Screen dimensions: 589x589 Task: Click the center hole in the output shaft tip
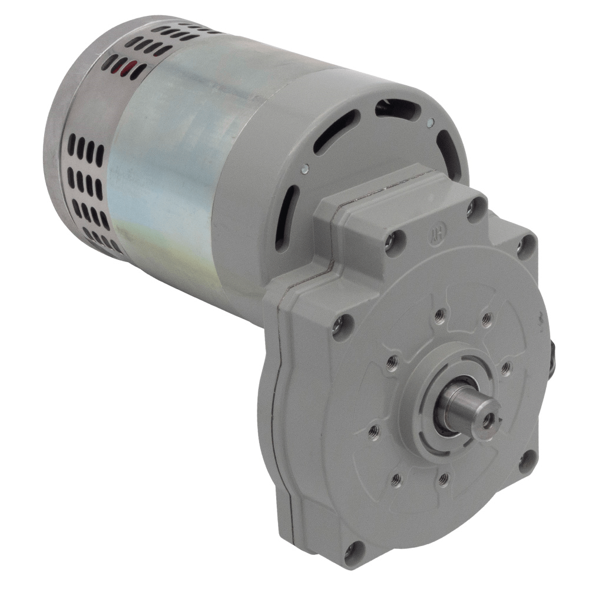(488, 419)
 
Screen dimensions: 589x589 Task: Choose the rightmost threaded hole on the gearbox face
(505, 369)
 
